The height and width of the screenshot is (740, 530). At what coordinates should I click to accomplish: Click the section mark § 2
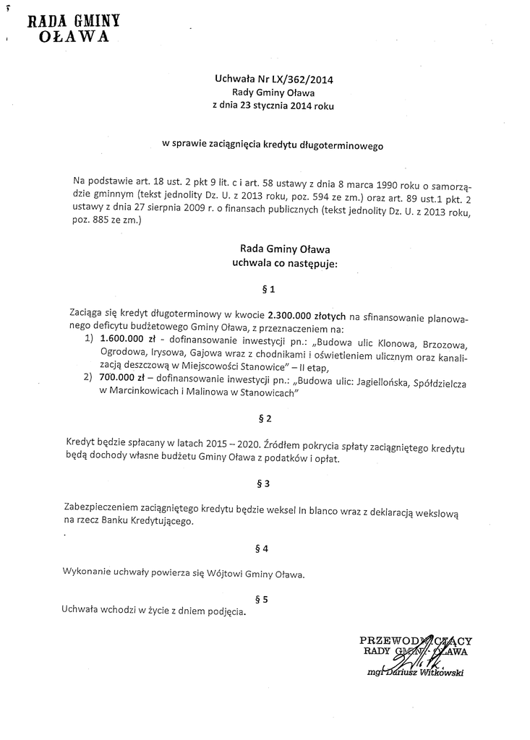tap(265, 418)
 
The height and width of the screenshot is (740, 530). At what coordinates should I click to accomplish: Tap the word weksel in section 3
tap(281, 509)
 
